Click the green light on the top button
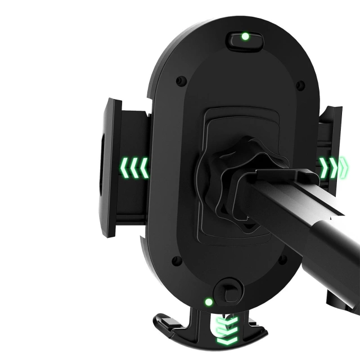pos(245,37)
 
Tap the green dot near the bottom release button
pos(209,302)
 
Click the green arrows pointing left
pos(134,168)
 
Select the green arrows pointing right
pos(332,166)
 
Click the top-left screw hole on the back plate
pos(181,81)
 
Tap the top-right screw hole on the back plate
pos(300,85)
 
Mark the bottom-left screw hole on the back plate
pos(176,261)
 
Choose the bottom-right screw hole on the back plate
pos(283,259)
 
